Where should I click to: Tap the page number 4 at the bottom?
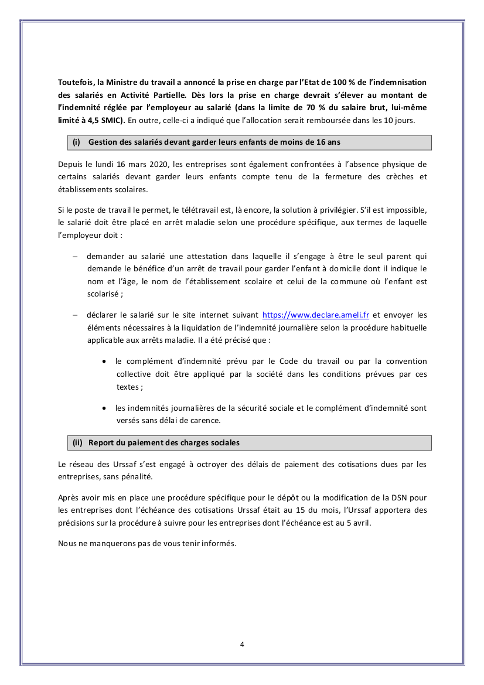242,645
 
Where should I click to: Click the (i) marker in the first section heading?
76,142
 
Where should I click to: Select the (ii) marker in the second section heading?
77,443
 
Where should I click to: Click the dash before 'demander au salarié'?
75,256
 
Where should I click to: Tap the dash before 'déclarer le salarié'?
75,315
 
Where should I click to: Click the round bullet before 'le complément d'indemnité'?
104,362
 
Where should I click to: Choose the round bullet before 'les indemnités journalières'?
104,408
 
